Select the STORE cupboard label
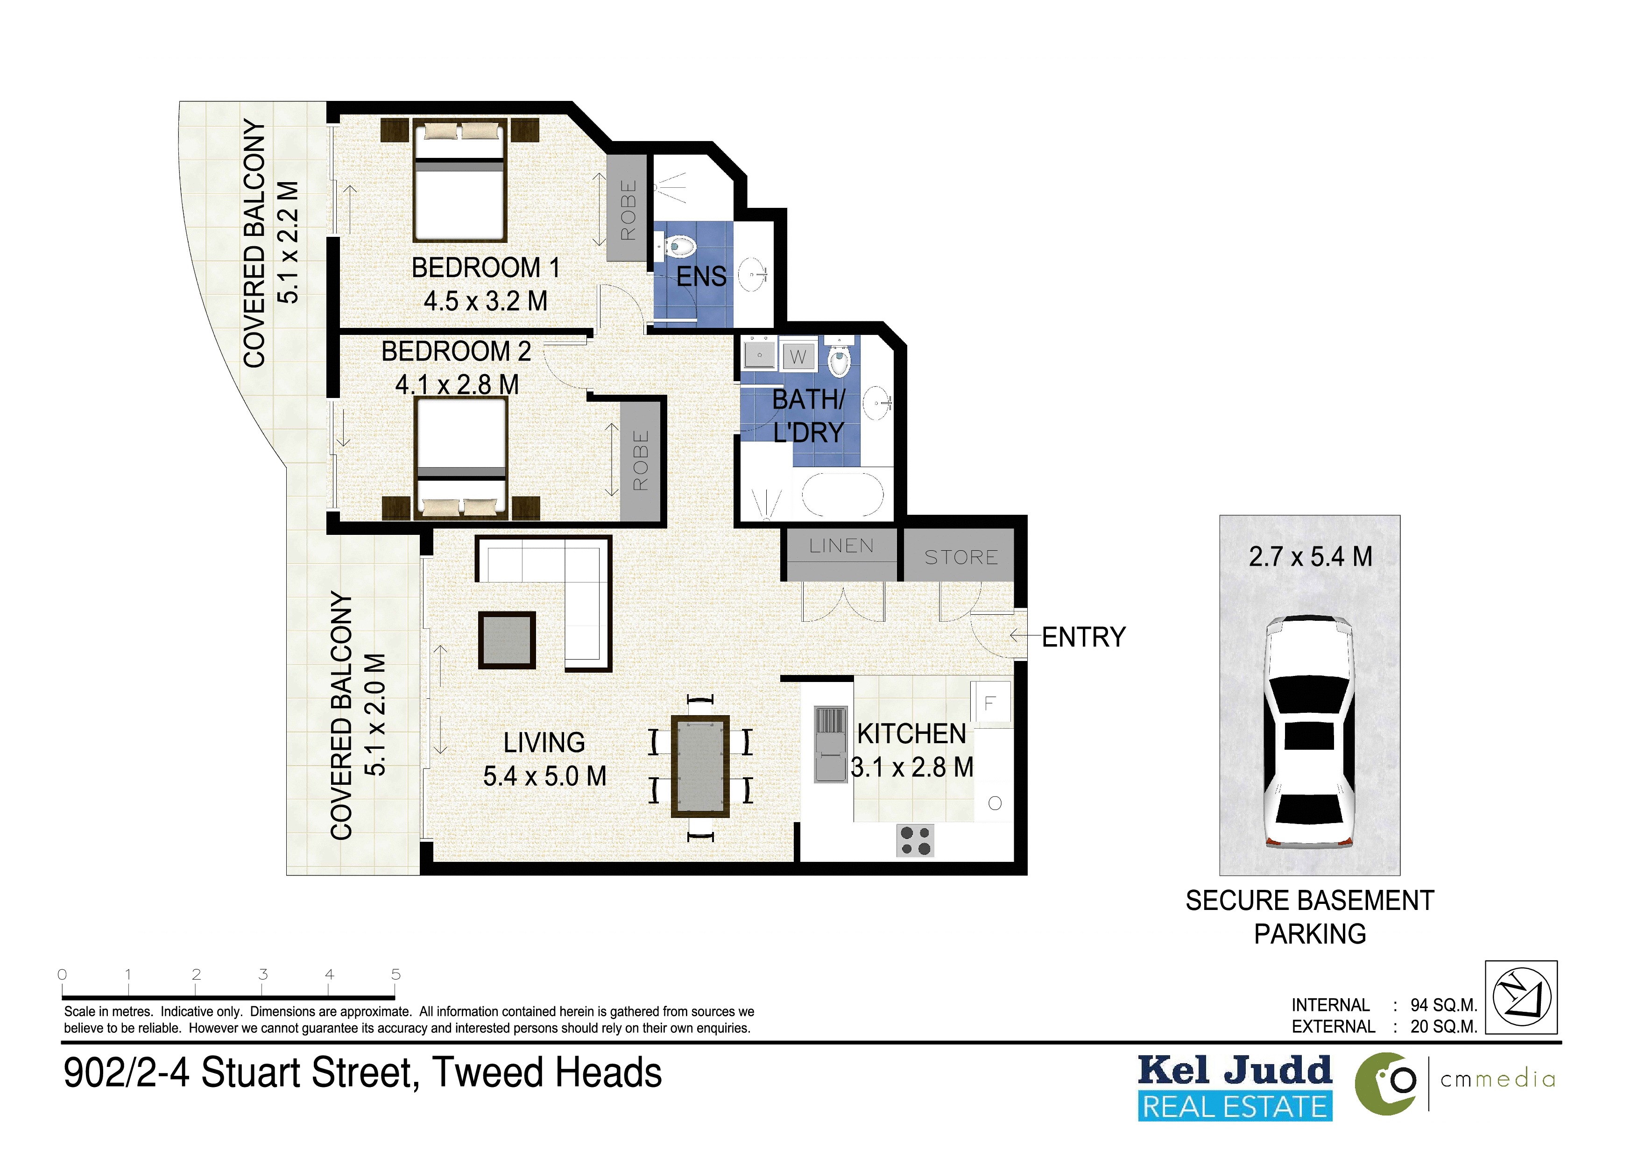pos(961,557)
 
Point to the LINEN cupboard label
pos(841,546)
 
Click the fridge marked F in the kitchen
pos(991,703)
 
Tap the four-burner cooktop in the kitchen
pos(915,840)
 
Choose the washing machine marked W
pos(798,355)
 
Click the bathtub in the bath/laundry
pos(842,494)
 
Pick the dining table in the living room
pos(700,766)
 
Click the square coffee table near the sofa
pos(507,640)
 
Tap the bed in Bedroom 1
pos(460,180)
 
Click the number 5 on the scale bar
pos(396,974)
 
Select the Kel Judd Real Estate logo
pos(1235,1087)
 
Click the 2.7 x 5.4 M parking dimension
pos(1311,556)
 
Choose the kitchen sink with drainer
pos(830,744)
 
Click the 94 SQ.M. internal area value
pos(1443,1005)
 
